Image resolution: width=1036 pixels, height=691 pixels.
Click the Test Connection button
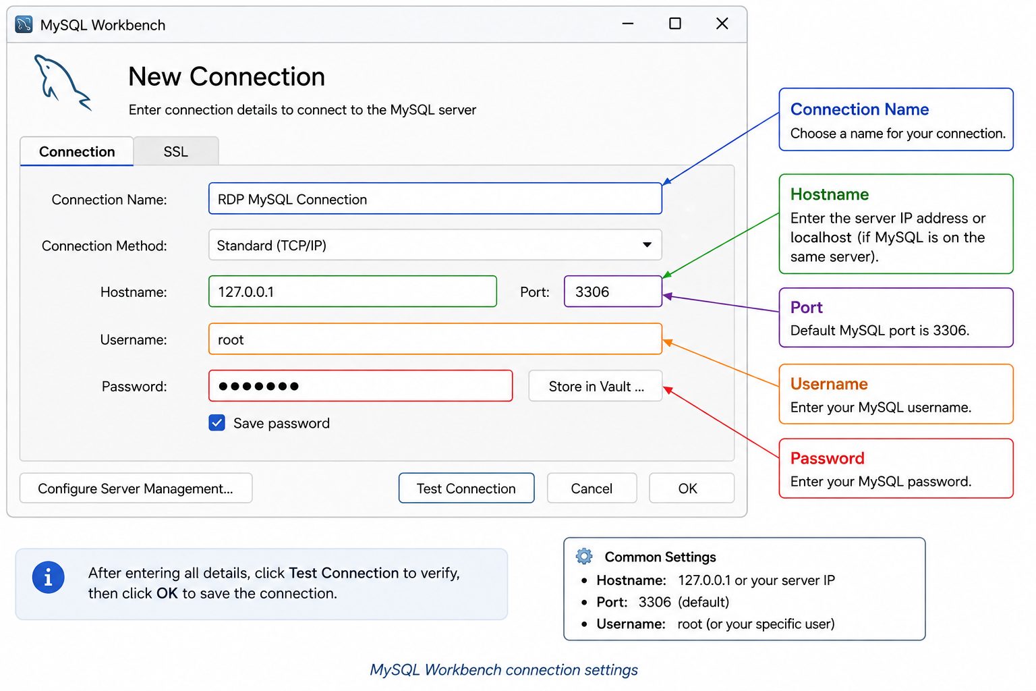(466, 489)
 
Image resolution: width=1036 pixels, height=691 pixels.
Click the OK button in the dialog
(691, 489)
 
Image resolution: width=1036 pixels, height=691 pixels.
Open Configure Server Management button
(136, 489)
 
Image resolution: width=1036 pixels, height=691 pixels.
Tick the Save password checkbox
(217, 422)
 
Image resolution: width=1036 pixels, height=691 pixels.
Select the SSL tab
(176, 151)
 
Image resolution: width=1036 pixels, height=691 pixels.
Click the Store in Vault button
(596, 386)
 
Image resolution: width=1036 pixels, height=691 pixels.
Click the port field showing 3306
(613, 292)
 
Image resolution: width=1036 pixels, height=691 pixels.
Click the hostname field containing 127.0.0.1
(353, 292)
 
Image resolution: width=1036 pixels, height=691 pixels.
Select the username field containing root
(435, 339)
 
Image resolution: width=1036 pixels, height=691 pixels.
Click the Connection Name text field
(435, 198)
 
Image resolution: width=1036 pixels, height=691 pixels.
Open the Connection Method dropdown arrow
(647, 245)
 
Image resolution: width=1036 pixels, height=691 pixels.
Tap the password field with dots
(360, 386)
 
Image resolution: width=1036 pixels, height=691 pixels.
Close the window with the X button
(722, 24)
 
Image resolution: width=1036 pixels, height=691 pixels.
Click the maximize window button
(675, 24)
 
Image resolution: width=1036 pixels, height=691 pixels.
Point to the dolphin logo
(63, 83)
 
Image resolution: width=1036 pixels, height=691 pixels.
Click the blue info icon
(48, 578)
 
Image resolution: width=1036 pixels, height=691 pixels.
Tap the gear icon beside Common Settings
(584, 556)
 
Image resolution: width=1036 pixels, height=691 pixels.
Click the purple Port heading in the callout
(806, 307)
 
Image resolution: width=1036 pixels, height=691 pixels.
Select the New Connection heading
(227, 76)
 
